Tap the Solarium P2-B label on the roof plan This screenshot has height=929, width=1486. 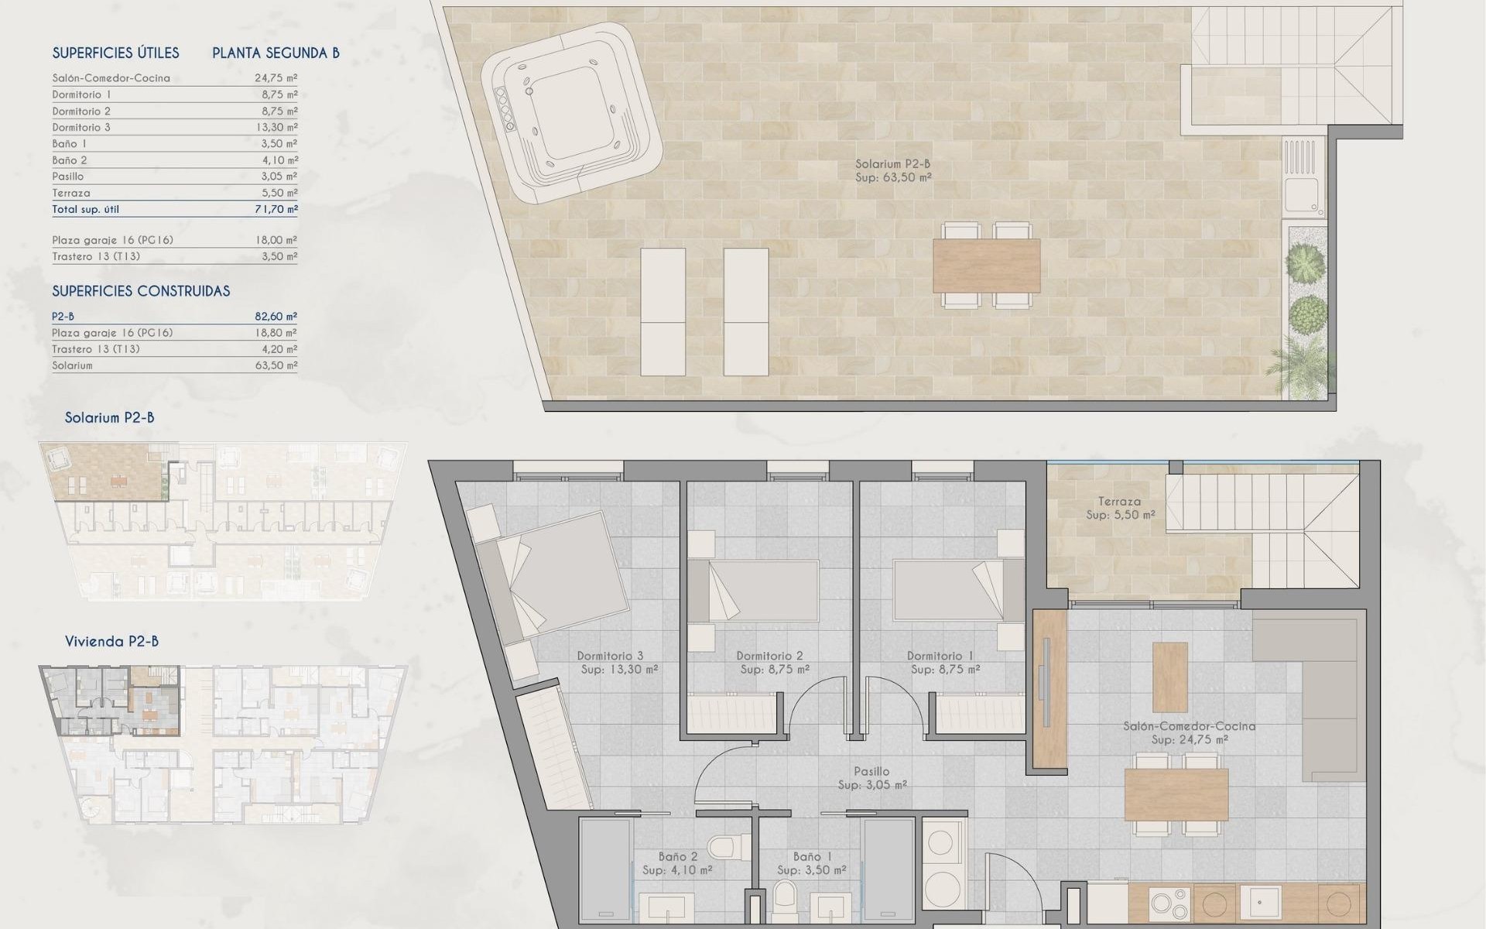(x=892, y=164)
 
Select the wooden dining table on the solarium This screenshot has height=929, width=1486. (x=986, y=264)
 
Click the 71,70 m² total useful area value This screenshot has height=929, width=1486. (x=276, y=209)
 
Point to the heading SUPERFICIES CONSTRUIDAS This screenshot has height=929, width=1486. (x=141, y=291)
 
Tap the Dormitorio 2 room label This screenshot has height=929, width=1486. (x=769, y=656)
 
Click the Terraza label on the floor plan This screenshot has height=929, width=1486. (x=1119, y=502)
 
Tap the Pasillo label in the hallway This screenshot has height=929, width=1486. (x=871, y=771)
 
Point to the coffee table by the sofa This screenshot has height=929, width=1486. (x=1169, y=677)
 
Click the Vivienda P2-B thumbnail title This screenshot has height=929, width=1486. (x=111, y=641)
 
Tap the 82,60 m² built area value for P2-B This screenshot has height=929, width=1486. (x=276, y=317)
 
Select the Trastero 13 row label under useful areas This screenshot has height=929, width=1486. (x=96, y=256)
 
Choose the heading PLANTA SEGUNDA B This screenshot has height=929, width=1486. (x=276, y=53)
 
